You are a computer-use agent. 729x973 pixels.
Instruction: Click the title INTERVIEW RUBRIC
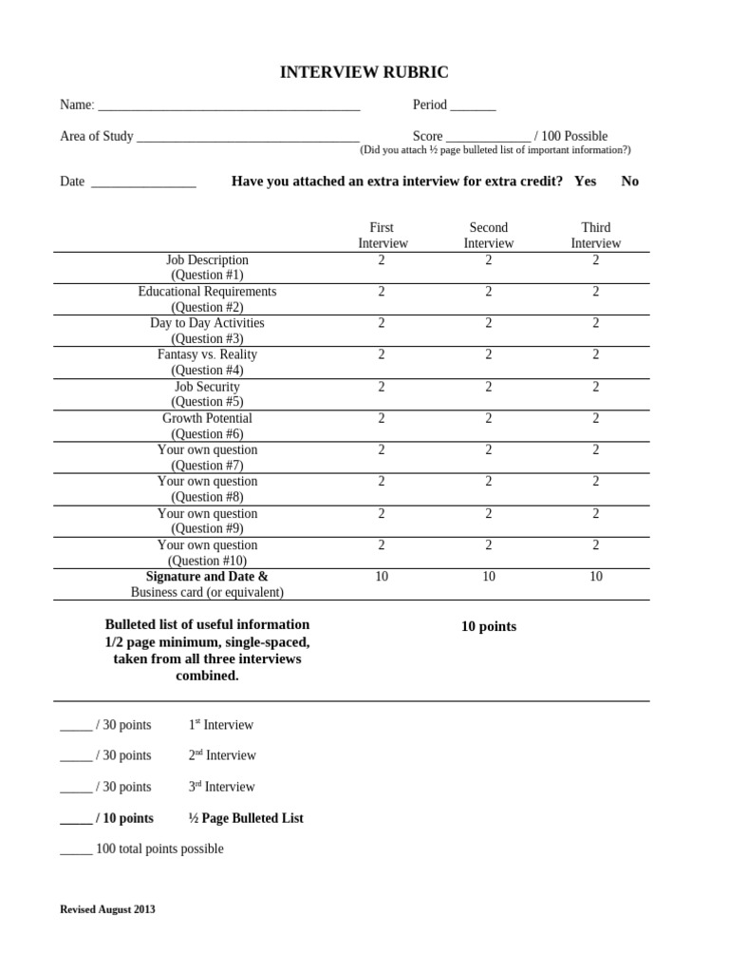click(364, 72)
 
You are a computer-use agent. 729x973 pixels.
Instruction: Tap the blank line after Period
click(473, 106)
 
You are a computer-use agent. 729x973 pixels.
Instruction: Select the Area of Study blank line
click(248, 138)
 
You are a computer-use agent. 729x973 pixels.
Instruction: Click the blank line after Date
click(143, 183)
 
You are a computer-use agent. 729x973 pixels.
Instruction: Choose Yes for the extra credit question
click(585, 181)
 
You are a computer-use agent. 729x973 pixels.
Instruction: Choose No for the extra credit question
click(629, 181)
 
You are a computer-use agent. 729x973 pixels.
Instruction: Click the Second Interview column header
click(488, 236)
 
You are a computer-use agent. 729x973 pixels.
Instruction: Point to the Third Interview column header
click(595, 236)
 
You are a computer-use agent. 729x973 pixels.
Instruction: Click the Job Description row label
click(207, 267)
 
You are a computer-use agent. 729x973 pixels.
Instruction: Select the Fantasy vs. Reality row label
click(207, 362)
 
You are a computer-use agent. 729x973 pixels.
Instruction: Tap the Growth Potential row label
click(207, 426)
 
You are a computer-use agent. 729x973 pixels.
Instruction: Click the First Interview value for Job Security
click(382, 387)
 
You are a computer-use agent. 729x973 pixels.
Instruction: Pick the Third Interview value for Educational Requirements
click(596, 292)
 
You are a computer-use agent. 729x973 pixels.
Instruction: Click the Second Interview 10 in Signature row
click(489, 577)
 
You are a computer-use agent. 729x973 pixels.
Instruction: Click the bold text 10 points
click(488, 627)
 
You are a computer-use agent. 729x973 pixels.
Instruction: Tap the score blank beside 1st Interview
click(76, 726)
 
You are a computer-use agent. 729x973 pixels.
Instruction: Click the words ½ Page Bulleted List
click(246, 818)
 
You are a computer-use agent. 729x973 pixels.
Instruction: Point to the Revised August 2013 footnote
click(107, 909)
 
